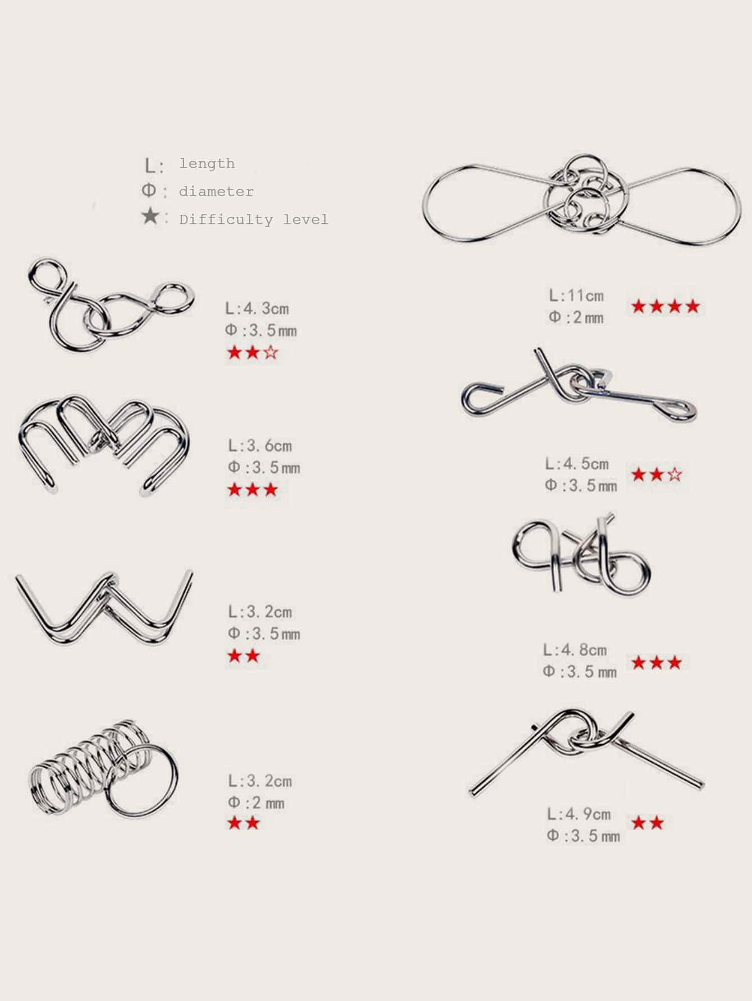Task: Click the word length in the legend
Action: point(207,164)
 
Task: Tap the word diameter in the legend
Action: point(216,192)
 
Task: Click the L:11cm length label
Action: point(576,296)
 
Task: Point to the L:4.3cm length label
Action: point(257,308)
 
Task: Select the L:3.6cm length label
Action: point(260,446)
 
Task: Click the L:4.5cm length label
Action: point(577,464)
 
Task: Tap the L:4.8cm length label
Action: point(575,650)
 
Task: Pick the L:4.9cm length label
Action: point(579,814)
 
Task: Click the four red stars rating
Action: point(666,307)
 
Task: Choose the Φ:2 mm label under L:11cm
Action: point(576,317)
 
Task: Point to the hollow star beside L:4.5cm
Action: point(675,475)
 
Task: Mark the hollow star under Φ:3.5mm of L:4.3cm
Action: point(270,353)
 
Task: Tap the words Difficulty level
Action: point(254,219)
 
